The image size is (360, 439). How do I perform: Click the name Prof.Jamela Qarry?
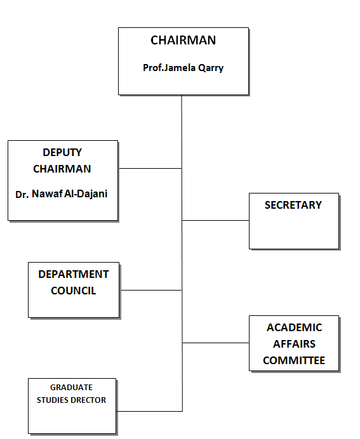[x=183, y=68]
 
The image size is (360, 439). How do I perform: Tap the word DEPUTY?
[x=62, y=152]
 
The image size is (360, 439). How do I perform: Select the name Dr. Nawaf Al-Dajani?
[x=62, y=193]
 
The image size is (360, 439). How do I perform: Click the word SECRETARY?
[x=293, y=205]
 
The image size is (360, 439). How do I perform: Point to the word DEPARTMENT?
[x=74, y=274]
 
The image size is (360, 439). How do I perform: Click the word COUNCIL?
[x=74, y=291]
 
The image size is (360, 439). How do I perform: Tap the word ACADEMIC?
[x=294, y=327]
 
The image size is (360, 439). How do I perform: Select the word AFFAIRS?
[x=294, y=344]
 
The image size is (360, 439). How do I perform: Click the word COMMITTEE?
[x=294, y=360]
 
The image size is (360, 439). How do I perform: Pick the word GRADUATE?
[x=71, y=387]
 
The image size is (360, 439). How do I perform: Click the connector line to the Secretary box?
[x=215, y=220]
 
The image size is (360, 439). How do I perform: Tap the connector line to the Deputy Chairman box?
[x=150, y=168]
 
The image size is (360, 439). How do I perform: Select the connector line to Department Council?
[x=151, y=290]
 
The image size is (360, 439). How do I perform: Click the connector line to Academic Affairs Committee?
[x=216, y=343]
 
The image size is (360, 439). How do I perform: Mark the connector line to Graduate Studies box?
[x=149, y=411]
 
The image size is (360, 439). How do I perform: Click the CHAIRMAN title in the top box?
[x=183, y=41]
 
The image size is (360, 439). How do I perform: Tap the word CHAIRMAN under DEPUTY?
[x=62, y=169]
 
